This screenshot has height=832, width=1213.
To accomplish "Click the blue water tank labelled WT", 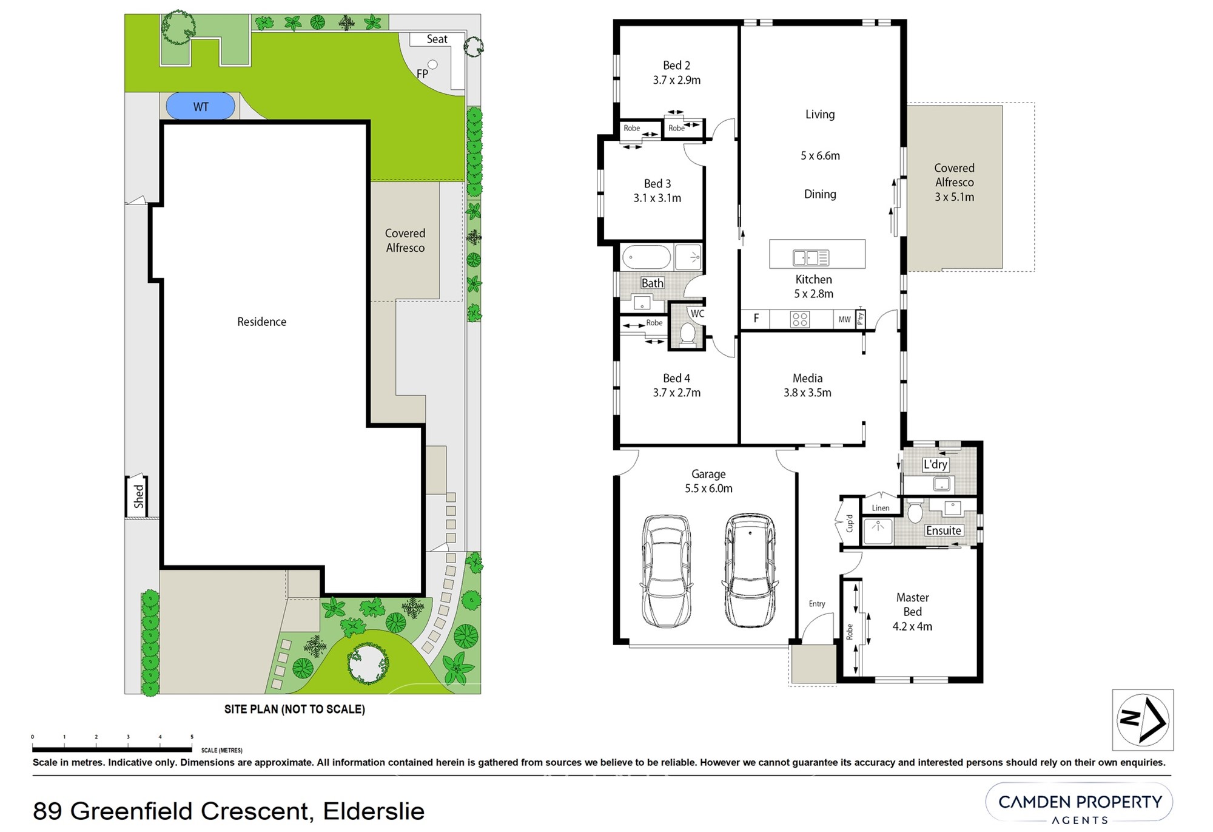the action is pos(200,107).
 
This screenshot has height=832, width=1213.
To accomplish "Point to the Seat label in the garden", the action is pos(437,39).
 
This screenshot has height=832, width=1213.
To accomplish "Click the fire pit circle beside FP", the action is pos(432,64).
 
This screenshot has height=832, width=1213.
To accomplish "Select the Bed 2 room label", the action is pos(676,66).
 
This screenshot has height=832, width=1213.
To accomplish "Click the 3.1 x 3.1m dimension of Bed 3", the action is pos(657,198).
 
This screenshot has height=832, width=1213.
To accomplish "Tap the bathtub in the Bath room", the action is pos(646,257).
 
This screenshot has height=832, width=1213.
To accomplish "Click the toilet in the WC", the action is pos(687,334).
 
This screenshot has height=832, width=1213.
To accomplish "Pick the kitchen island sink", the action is pos(810,258).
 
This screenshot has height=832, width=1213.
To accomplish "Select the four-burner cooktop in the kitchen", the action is pos(800,319).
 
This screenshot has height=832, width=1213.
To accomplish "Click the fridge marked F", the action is pos(756,319).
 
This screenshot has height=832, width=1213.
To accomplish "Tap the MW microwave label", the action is pos(844,319).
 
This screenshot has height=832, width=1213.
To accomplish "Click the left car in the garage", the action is pos(666,571).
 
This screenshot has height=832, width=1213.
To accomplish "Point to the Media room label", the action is pos(807,378).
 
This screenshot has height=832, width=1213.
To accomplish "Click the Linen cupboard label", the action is pos(881,508).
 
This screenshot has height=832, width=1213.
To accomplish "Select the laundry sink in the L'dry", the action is pos(941,484).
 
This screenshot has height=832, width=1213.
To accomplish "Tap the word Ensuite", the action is pos(943,530).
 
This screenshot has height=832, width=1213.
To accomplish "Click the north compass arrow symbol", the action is pos(1143,720).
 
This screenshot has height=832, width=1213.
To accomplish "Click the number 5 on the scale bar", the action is pos(192,737).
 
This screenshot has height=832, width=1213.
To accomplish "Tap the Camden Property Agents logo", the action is pos(1080,807).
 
